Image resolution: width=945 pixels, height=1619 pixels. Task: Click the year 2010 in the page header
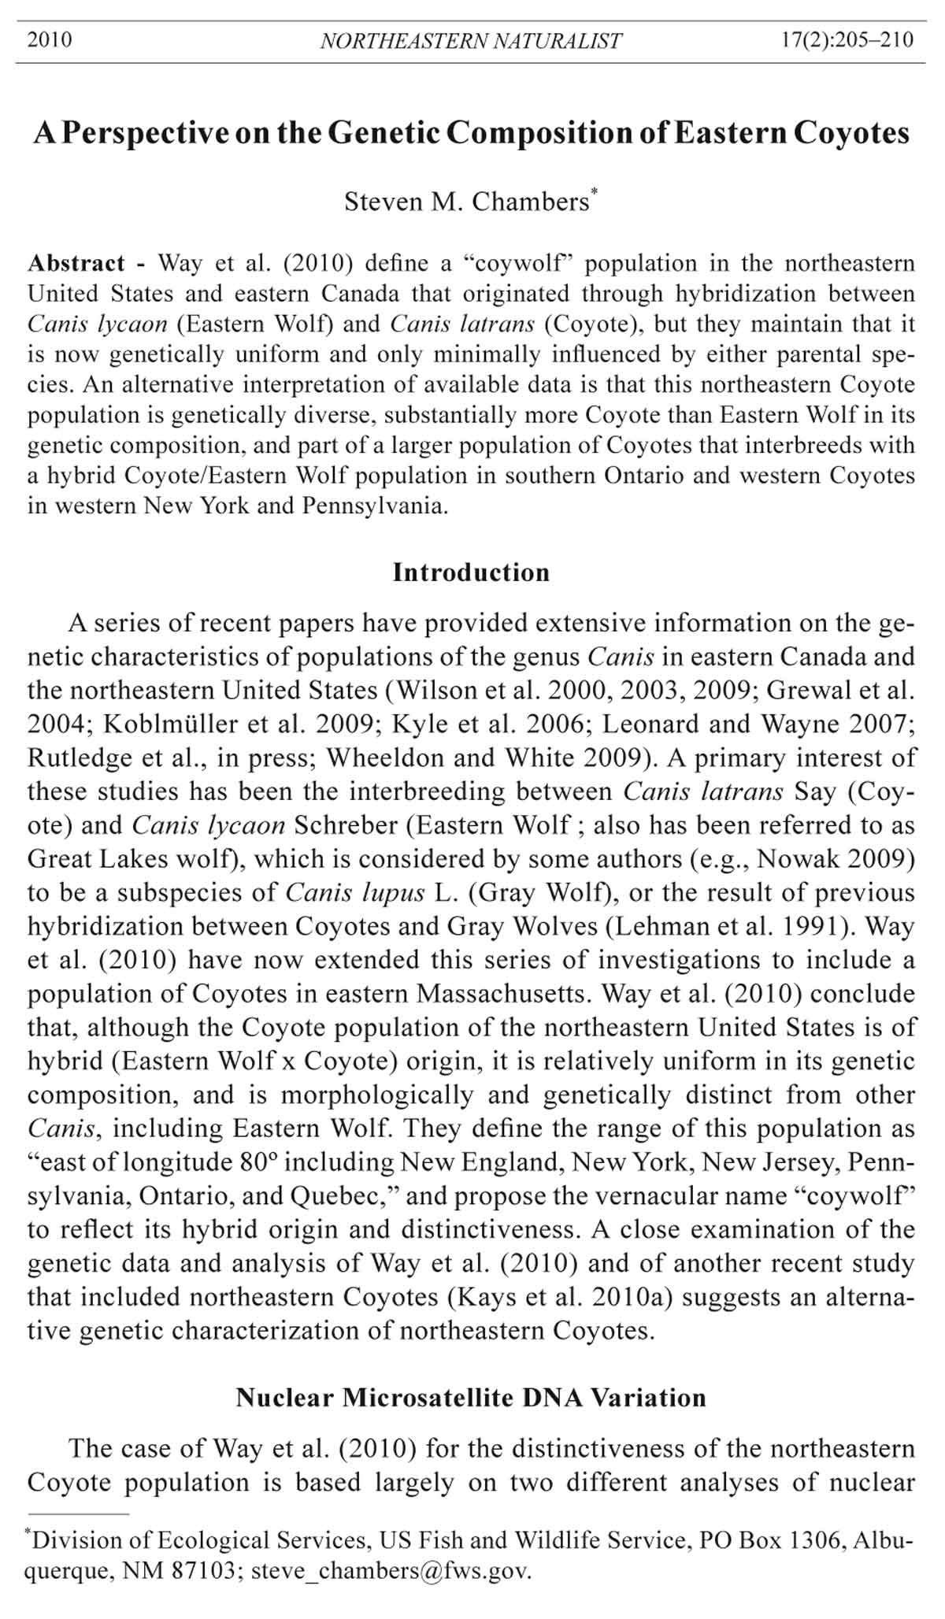[x=50, y=39]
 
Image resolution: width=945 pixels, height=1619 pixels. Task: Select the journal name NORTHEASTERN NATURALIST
[x=471, y=41]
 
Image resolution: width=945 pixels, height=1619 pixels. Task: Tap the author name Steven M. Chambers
[x=466, y=202]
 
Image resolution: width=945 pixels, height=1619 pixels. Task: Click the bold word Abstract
[x=76, y=263]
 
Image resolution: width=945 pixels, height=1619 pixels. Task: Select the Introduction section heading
[x=471, y=572]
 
